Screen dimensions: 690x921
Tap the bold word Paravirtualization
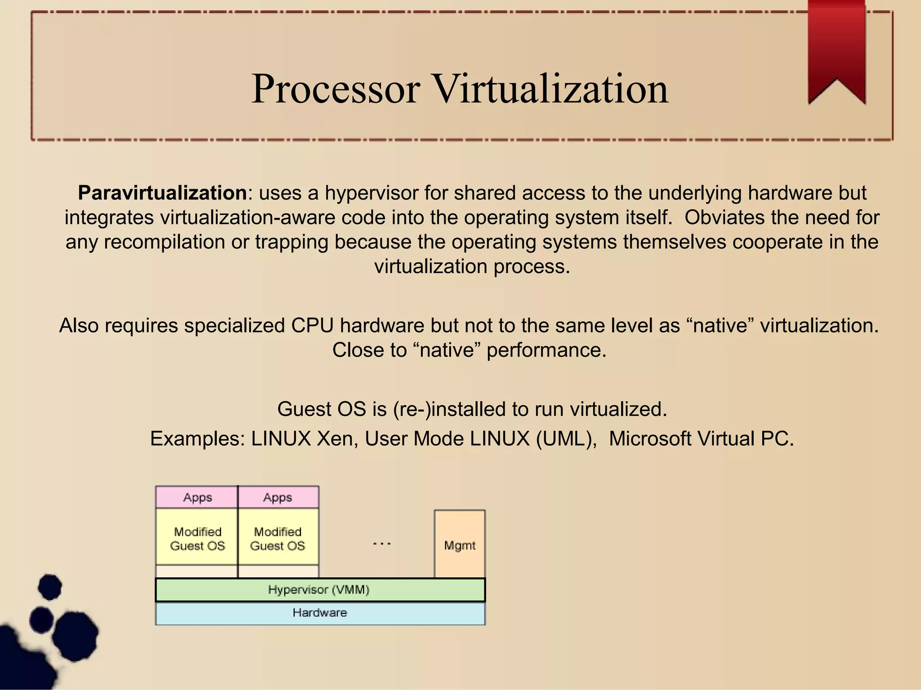click(162, 193)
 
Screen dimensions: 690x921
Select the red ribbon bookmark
click(836, 49)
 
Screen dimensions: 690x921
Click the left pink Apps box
click(197, 497)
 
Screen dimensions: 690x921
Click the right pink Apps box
click(278, 497)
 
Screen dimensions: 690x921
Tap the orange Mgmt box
click(460, 544)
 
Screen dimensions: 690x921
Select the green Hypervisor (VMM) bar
click(319, 590)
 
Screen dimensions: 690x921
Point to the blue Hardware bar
click(319, 613)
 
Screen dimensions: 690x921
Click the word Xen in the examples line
click(335, 439)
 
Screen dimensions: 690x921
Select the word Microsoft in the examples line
click(650, 439)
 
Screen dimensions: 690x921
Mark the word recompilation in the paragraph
click(164, 242)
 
